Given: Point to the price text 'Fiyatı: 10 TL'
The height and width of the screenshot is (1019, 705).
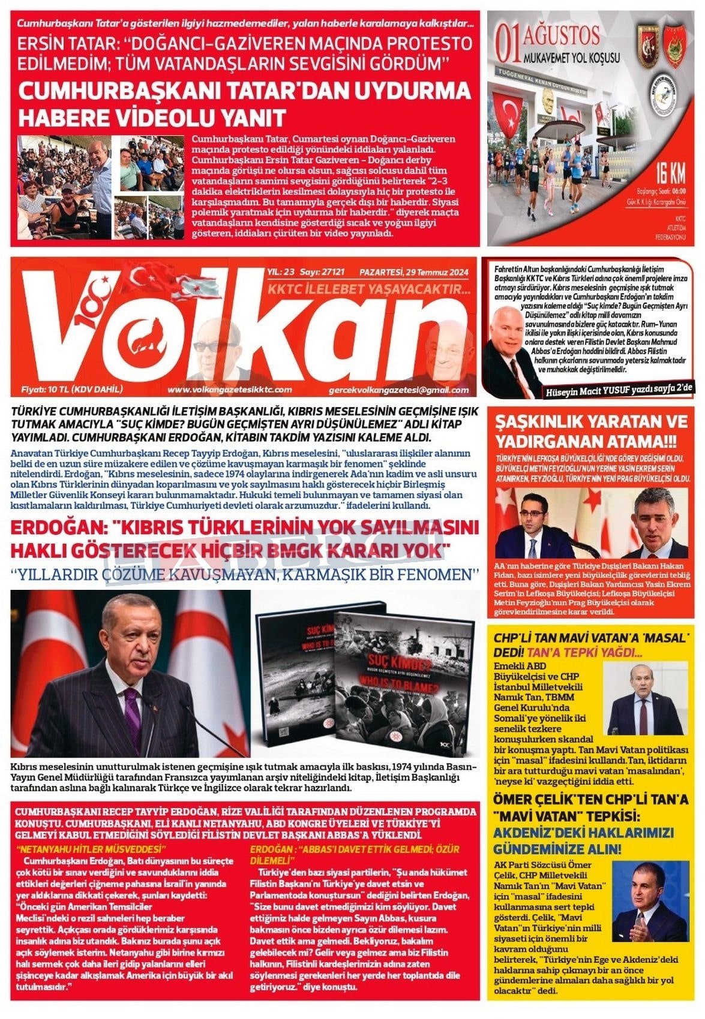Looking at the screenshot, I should (72, 389).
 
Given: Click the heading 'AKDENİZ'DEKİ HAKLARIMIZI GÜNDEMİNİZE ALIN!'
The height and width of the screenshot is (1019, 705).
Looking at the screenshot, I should (583, 841).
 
